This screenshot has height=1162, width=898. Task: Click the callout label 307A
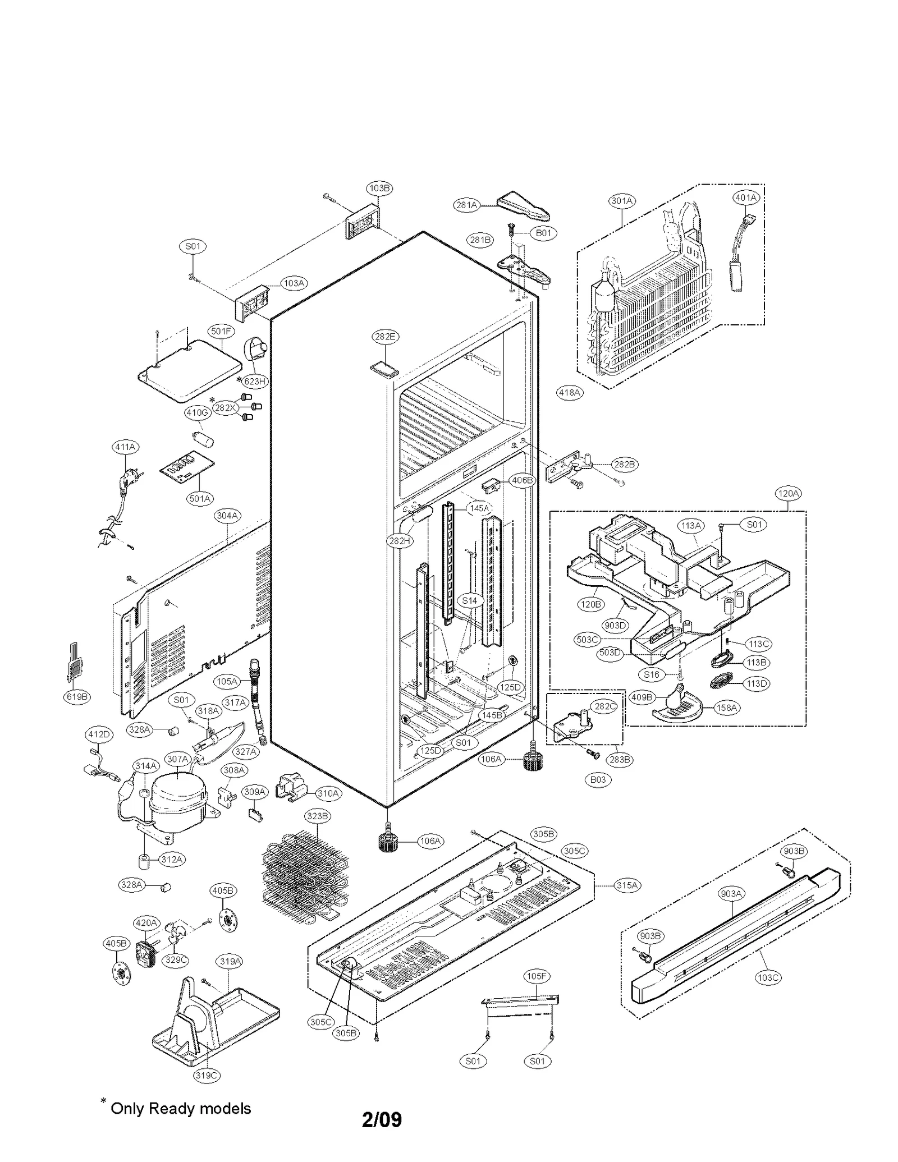[177, 759]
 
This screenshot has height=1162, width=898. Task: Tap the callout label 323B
[318, 816]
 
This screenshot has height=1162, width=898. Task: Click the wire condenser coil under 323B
[306, 878]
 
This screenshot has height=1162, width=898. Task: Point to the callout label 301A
[622, 200]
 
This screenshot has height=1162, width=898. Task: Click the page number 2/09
[382, 1119]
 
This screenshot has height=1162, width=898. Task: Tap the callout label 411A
[126, 447]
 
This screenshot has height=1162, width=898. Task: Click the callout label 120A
[788, 493]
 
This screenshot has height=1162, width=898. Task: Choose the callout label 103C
[768, 977]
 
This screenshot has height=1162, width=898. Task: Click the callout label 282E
[385, 337]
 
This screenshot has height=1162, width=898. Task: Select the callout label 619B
[77, 697]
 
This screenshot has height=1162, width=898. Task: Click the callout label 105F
[537, 976]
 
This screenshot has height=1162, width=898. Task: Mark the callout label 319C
[207, 1075]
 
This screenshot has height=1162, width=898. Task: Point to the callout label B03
[598, 779]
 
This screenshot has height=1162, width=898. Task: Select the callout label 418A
[570, 393]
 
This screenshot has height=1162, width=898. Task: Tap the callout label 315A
[627, 885]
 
